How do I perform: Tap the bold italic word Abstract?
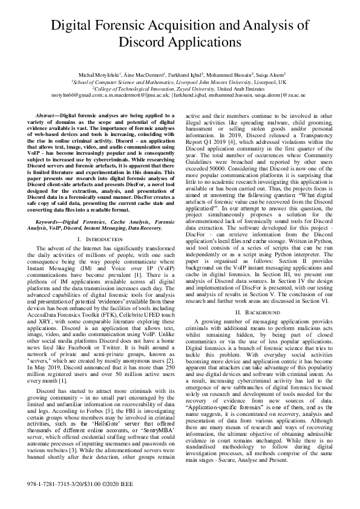tap(48, 114)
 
